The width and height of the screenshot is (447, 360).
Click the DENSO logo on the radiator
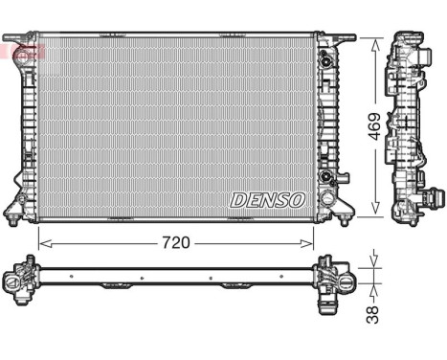coord(267,199)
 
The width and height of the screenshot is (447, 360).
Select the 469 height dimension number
coord(374,124)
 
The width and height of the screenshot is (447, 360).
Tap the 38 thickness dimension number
coord(373,312)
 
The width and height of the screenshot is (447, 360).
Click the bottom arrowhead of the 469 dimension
coord(374,212)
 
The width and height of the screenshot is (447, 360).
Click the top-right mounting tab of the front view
coord(345,39)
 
